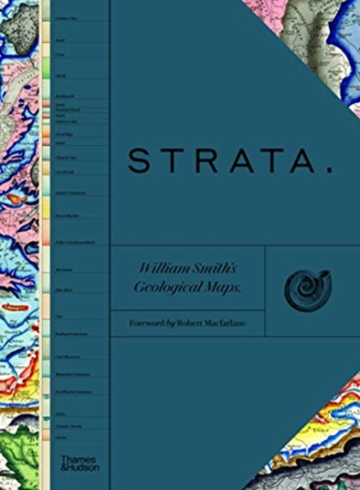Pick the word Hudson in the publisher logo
tap(77, 466)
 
